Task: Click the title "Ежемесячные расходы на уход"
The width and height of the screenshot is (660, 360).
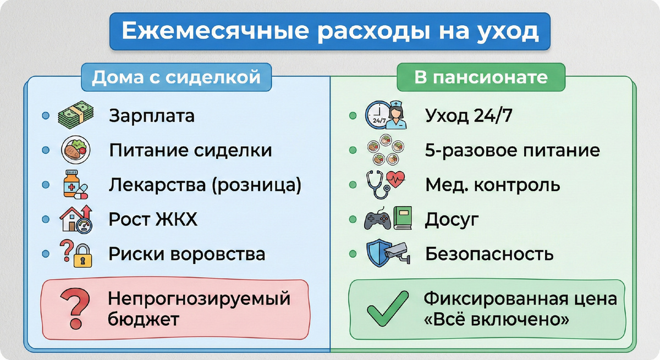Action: (329, 32)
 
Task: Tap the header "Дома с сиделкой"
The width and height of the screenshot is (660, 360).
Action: (175, 77)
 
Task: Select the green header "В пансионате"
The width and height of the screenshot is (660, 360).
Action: (481, 77)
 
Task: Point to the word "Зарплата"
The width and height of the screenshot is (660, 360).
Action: (152, 117)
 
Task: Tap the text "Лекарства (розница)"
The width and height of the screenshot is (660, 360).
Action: (205, 185)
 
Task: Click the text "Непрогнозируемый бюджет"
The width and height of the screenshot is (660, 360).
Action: (199, 309)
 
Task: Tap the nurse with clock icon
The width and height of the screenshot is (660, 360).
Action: (386, 115)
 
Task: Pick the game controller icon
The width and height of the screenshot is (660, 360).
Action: (377, 220)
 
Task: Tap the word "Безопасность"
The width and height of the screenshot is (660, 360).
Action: (489, 254)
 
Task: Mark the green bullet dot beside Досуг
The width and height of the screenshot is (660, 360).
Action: (353, 219)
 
